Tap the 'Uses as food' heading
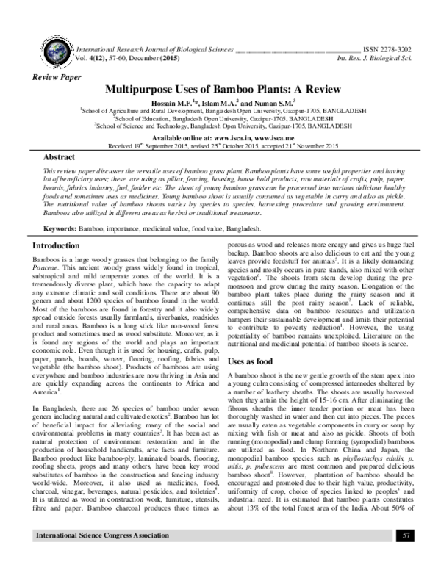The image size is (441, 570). point(254,362)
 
